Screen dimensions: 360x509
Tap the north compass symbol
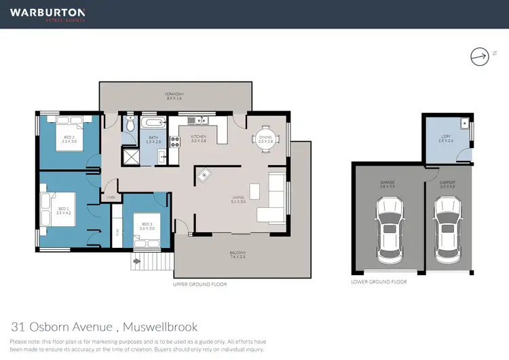(479, 57)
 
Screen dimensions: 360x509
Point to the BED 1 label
(64, 211)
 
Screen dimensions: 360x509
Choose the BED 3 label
(147, 226)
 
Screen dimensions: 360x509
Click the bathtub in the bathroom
(153, 123)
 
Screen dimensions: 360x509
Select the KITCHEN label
(198, 139)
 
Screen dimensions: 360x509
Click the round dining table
(264, 139)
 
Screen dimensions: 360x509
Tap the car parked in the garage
(389, 225)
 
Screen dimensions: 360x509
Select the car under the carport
(447, 225)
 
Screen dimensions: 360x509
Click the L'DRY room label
(446, 139)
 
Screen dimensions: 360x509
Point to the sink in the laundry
(463, 124)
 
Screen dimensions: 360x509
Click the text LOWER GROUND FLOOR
(379, 281)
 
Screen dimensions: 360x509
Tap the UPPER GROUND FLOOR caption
(200, 285)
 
